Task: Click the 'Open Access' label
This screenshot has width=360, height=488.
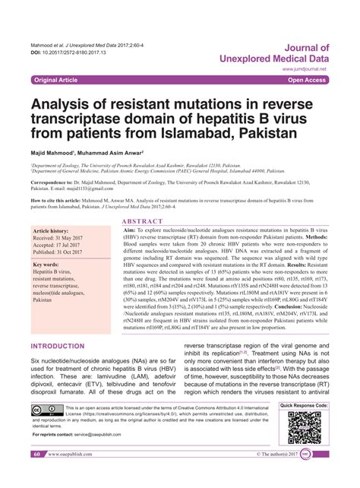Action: pos(308,79)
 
